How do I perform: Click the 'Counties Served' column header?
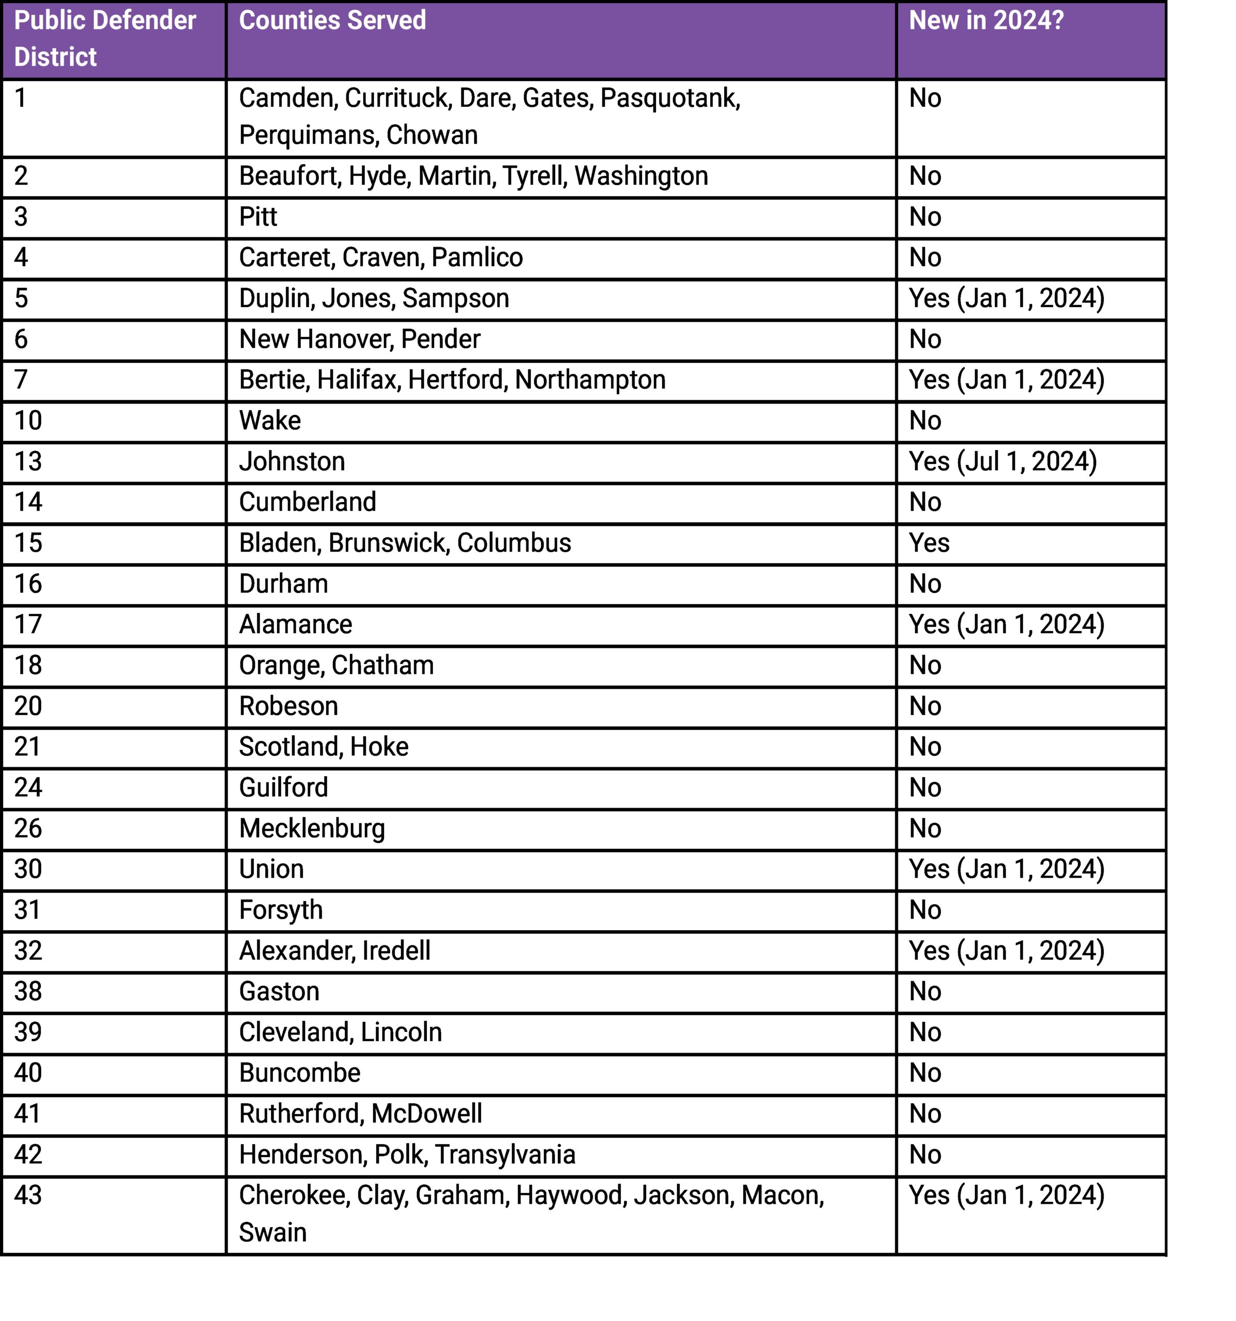tap(332, 21)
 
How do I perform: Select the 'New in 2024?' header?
tap(986, 21)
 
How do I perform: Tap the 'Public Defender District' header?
tap(105, 39)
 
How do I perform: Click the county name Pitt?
tap(258, 217)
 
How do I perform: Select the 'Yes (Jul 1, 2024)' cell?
tap(1002, 462)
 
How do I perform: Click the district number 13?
tap(28, 462)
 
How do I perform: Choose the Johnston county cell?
tap(292, 462)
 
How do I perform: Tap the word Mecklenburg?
tap(312, 829)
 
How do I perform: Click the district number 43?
tap(28, 1196)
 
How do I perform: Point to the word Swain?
tap(272, 1233)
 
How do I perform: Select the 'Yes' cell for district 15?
tap(929, 543)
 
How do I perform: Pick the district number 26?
tap(28, 829)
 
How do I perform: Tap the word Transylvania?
tap(505, 1155)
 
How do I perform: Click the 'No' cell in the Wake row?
tap(925, 421)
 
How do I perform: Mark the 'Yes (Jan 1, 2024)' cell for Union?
tap(1006, 869)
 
